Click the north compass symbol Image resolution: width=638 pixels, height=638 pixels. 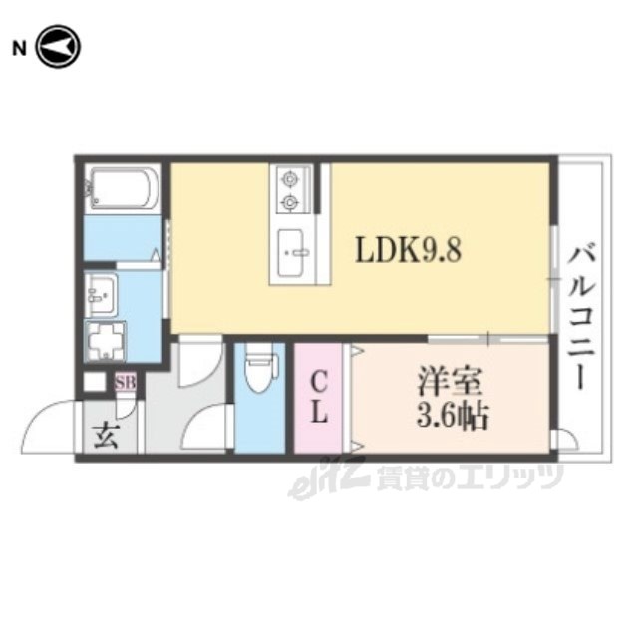(59, 47)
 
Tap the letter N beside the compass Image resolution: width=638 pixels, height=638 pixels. (19, 49)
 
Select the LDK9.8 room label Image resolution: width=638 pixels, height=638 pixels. (408, 250)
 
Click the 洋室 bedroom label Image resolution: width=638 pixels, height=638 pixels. (450, 381)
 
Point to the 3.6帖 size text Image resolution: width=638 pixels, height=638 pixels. (452, 416)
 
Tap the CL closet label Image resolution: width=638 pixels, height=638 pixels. (319, 399)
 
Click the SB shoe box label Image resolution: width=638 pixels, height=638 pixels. (125, 383)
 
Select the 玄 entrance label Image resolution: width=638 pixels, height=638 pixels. (106, 436)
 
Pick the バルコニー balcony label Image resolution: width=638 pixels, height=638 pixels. (581, 315)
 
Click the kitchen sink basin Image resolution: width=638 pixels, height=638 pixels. (290, 252)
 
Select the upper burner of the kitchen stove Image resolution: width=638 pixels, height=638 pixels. (289, 178)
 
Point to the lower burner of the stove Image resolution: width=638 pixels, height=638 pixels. (289, 201)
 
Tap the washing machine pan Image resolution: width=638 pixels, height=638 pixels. (106, 341)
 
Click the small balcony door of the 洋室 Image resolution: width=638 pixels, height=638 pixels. (565, 439)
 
